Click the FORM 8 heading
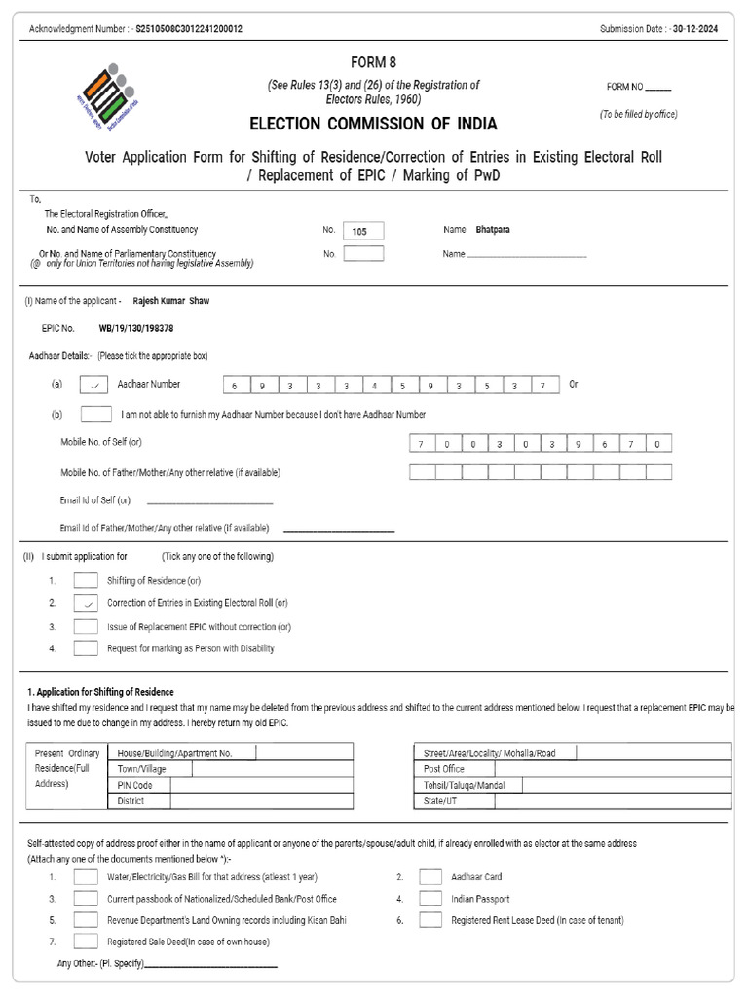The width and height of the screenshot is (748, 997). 373,61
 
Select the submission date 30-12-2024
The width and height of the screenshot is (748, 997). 700,29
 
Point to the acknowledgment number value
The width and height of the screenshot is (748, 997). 189,29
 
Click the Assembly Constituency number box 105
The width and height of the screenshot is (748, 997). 363,231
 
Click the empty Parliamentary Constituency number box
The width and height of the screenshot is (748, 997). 363,254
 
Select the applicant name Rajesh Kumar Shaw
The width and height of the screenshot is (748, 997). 170,301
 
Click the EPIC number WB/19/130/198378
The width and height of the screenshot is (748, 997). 136,329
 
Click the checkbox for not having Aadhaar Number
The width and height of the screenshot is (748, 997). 95,414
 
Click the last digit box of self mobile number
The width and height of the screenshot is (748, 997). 658,444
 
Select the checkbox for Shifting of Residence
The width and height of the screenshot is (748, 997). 86,581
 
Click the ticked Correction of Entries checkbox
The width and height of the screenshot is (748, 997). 86,604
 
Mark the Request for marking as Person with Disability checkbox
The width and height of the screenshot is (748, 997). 86,648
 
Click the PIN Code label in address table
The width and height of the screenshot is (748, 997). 134,785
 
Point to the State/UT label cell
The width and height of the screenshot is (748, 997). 439,800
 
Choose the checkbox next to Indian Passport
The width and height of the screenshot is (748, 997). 430,899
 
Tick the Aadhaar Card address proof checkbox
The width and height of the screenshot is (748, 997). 430,876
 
